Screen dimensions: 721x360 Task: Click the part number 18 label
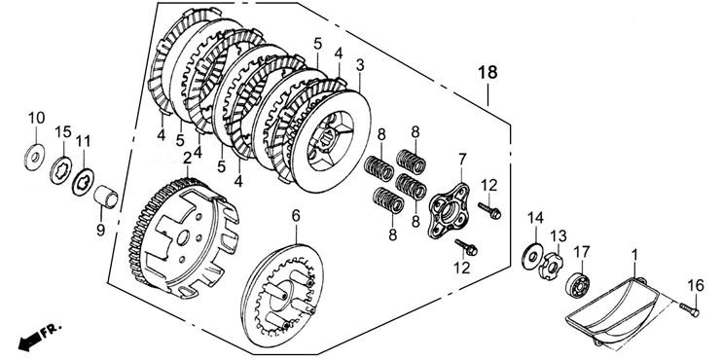pyautogui.click(x=487, y=72)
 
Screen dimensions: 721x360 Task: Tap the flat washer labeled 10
pyautogui.click(x=34, y=157)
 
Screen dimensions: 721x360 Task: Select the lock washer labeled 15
pyautogui.click(x=61, y=170)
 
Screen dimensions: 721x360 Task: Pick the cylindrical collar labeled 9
pyautogui.click(x=105, y=197)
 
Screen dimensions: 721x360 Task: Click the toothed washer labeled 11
pyautogui.click(x=84, y=183)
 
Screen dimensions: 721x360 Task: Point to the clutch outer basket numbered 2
pyautogui.click(x=184, y=237)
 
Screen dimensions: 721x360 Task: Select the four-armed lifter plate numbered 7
pyautogui.click(x=449, y=211)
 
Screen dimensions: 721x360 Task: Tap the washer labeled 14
pyautogui.click(x=532, y=257)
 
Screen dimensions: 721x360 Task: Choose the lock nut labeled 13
pyautogui.click(x=551, y=266)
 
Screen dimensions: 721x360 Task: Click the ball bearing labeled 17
pyautogui.click(x=578, y=285)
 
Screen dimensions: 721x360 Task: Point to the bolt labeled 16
pyautogui.click(x=689, y=309)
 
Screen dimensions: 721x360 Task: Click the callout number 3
pyautogui.click(x=360, y=65)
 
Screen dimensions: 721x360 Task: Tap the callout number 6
pyautogui.click(x=296, y=215)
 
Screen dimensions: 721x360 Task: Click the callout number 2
pyautogui.click(x=187, y=159)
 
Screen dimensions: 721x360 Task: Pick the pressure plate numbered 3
pyautogui.click(x=331, y=142)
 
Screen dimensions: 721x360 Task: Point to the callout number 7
pyautogui.click(x=461, y=160)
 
